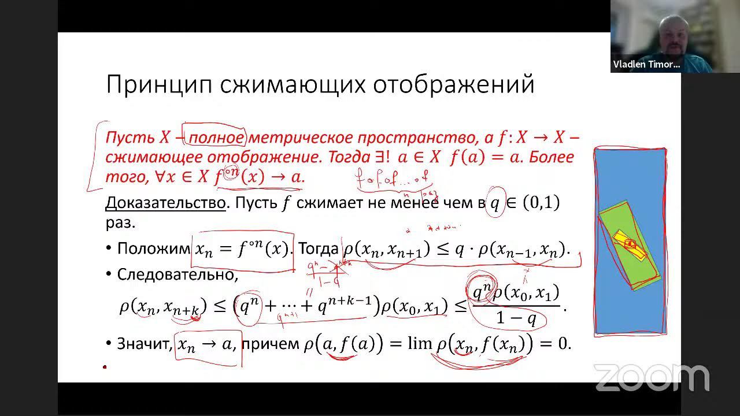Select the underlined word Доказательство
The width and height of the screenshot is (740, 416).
[x=165, y=203]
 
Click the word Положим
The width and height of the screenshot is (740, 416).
[x=153, y=249]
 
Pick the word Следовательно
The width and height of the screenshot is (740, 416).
[x=177, y=274]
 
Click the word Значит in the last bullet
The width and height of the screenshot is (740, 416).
[x=144, y=344]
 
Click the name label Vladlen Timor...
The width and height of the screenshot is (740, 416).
[x=646, y=65]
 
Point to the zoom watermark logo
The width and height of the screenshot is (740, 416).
[x=652, y=377]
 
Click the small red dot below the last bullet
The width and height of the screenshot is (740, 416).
[x=105, y=366]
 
